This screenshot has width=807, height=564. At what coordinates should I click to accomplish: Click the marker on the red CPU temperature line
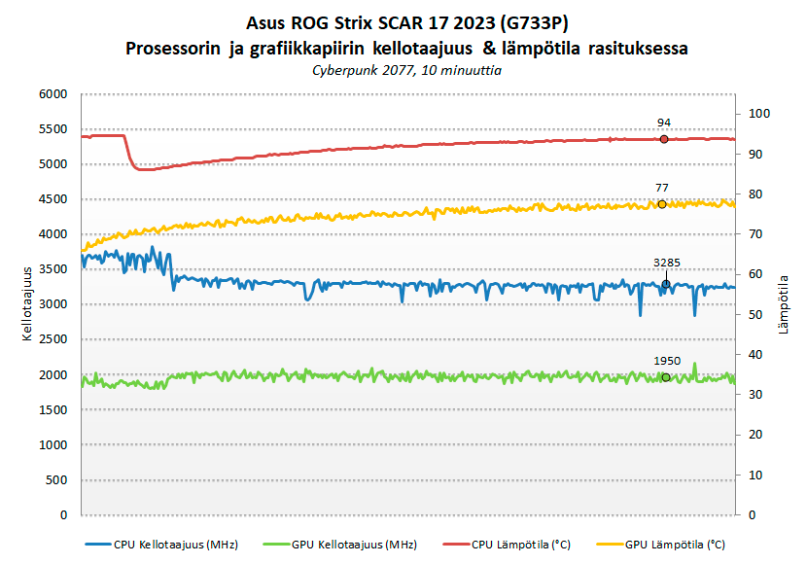pyautogui.click(x=664, y=139)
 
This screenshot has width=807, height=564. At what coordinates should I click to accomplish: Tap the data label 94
pyautogui.click(x=664, y=123)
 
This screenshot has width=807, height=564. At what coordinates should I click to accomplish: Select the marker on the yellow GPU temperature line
pyautogui.click(x=662, y=204)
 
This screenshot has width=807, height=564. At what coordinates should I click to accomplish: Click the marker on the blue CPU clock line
pyautogui.click(x=666, y=284)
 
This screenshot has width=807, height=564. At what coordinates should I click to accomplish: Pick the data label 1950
pyautogui.click(x=667, y=360)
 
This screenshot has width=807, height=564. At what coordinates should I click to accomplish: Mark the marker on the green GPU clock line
pyautogui.click(x=666, y=377)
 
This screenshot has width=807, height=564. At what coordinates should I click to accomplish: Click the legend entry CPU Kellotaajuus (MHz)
pyautogui.click(x=175, y=544)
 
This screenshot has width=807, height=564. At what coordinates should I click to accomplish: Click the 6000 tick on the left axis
pyautogui.click(x=53, y=94)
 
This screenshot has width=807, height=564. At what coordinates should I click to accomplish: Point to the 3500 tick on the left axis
pyautogui.click(x=53, y=269)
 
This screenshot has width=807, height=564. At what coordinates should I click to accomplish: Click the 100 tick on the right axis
pyautogui.click(x=758, y=114)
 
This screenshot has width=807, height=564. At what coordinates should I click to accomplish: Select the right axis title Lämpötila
pyautogui.click(x=783, y=303)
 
